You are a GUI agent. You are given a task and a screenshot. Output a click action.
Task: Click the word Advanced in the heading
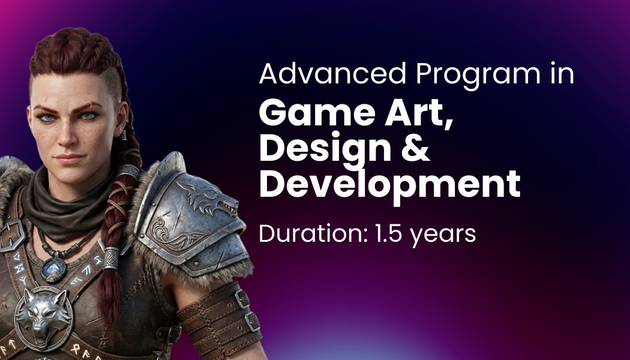(x=332, y=74)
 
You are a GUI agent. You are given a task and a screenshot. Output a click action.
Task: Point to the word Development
(x=390, y=184)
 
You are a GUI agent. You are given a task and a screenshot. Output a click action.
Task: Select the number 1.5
(x=388, y=233)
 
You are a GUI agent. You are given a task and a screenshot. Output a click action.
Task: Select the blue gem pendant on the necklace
(x=53, y=269)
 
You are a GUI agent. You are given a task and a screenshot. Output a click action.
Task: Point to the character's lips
(x=69, y=158)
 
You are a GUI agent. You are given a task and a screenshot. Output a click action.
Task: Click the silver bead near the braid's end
(x=111, y=258)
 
